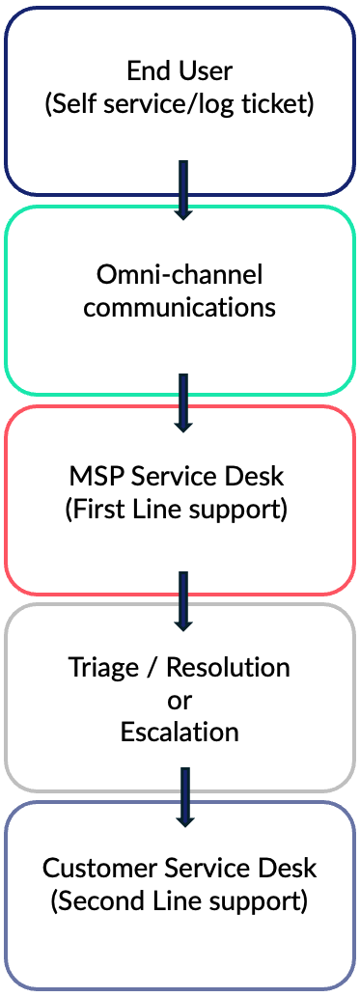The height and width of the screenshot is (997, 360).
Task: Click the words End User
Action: coord(180,71)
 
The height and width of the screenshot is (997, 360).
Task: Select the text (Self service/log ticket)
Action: coord(180,103)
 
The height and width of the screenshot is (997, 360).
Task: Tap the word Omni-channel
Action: coord(180,275)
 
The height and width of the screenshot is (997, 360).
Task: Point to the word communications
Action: coord(180,307)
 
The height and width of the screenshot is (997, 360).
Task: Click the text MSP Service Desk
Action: coord(180,478)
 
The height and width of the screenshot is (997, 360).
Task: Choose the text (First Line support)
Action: coord(180,510)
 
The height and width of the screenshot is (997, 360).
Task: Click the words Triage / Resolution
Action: coord(180,667)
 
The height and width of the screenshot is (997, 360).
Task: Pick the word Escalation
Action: coord(180,731)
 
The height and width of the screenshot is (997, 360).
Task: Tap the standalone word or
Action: coord(180,699)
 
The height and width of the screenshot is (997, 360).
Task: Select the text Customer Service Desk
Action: coord(180,868)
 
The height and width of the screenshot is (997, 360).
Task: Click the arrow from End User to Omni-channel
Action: coord(182,190)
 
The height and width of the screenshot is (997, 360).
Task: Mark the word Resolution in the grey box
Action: coord(229,667)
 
